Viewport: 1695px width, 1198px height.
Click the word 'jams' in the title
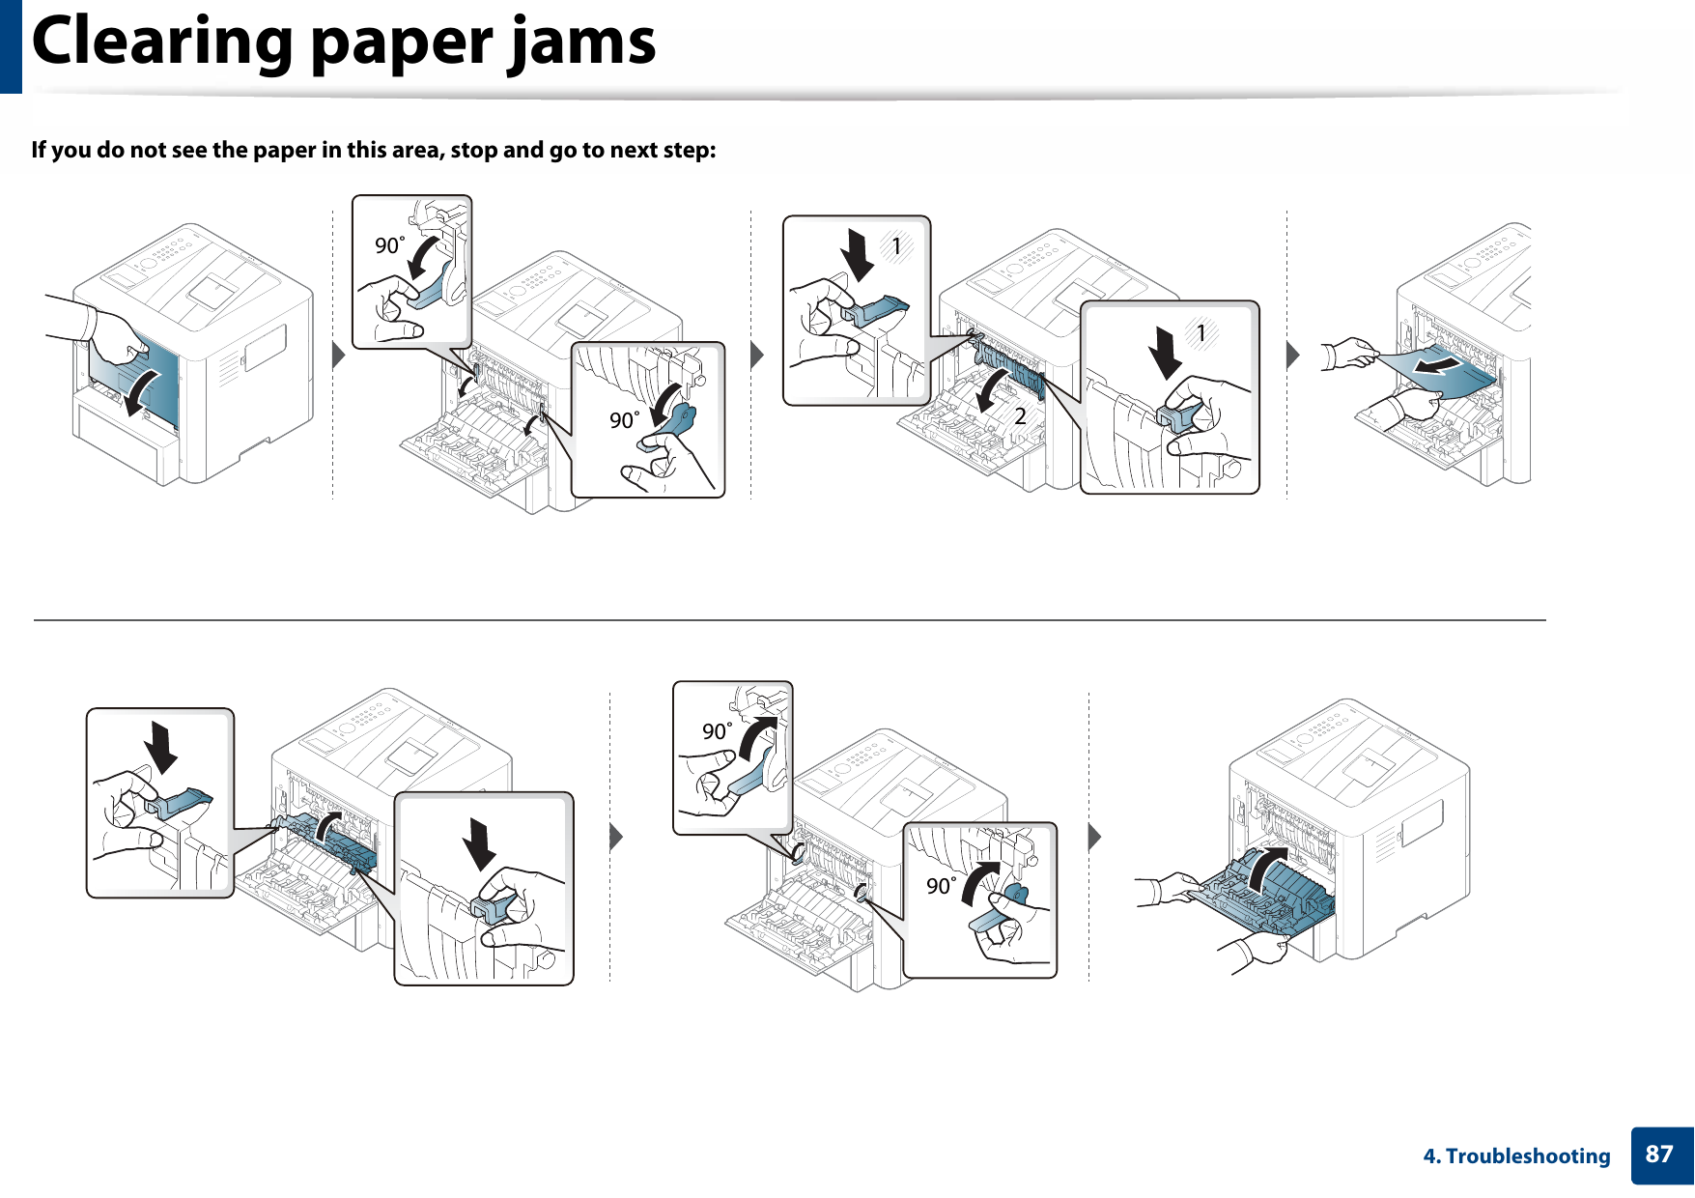(x=583, y=43)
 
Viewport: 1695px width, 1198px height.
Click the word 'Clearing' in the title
(x=162, y=43)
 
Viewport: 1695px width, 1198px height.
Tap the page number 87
(x=1659, y=1154)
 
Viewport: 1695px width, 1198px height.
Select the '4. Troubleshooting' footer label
(x=1516, y=1155)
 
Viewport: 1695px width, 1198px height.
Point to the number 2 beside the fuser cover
(x=1020, y=416)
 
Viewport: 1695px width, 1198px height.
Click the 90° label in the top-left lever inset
(x=389, y=245)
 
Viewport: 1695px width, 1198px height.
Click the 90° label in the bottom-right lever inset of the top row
(x=624, y=420)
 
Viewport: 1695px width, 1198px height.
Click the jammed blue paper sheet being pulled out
(x=1449, y=372)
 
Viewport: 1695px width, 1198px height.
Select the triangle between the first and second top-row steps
(x=338, y=355)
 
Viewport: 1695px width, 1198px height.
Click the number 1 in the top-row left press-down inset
(x=896, y=246)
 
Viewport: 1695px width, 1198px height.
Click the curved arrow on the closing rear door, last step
(x=1266, y=869)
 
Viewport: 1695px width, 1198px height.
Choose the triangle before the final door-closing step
(x=1094, y=836)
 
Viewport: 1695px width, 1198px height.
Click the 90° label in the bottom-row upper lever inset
(x=717, y=731)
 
